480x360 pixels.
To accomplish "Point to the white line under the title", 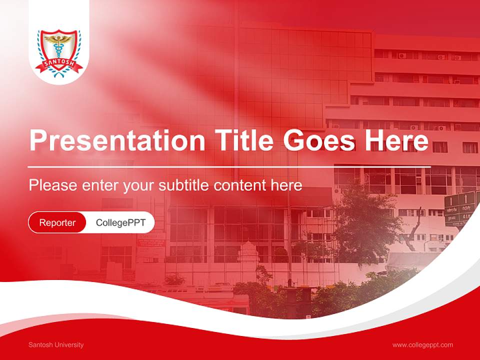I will click(229, 166).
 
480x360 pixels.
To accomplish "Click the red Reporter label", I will click(57, 222).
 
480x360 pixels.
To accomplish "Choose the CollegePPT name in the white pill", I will click(120, 222).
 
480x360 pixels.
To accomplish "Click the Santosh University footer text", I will click(56, 344).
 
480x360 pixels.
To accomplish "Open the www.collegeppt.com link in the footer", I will click(422, 344).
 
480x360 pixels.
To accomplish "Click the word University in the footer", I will click(69, 344).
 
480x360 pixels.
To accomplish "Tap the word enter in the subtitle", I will click(99, 185).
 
